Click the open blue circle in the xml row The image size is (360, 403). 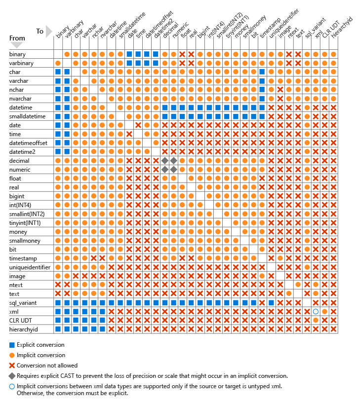[316, 312]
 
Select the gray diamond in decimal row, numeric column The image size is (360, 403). [174, 161]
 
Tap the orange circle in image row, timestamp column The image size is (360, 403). [262, 276]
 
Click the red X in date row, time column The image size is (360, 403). [138, 125]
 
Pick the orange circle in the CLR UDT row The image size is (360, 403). [316, 321]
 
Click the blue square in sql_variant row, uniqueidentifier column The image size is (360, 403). [271, 303]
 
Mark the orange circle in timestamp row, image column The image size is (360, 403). [280, 258]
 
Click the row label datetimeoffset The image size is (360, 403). [28, 143]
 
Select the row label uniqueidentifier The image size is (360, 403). [30, 267]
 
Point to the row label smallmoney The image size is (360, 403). [25, 241]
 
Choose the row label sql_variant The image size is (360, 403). [23, 303]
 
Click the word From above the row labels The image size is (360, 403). [17, 38]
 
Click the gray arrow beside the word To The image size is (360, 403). [49, 32]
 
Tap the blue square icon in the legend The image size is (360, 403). [12, 345]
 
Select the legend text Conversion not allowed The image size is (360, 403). [47, 366]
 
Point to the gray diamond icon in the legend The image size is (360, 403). [12, 376]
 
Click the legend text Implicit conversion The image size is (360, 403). [41, 356]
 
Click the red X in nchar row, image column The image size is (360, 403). [280, 90]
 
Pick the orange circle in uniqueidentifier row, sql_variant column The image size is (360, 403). [307, 267]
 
